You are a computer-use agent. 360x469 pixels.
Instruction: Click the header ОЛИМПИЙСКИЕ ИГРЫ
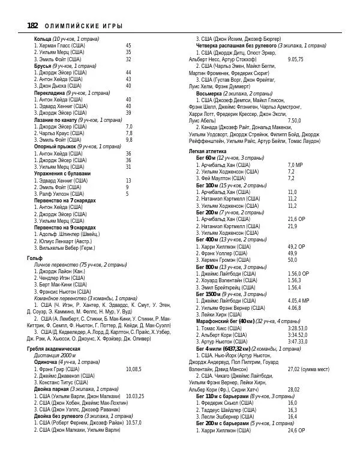click(x=84, y=26)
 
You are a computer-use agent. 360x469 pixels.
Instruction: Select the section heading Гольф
click(x=35, y=257)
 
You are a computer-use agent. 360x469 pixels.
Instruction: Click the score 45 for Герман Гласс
click(x=128, y=45)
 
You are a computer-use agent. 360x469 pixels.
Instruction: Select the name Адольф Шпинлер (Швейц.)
click(x=67, y=235)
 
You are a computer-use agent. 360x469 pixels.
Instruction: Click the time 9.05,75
click(x=295, y=59)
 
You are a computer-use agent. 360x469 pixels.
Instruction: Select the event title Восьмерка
click(x=209, y=94)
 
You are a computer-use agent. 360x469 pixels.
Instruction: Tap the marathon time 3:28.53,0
click(x=298, y=328)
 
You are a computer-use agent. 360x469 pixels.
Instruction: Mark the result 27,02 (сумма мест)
click(x=308, y=369)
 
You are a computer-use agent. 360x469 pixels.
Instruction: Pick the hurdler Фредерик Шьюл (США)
click(x=228, y=403)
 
